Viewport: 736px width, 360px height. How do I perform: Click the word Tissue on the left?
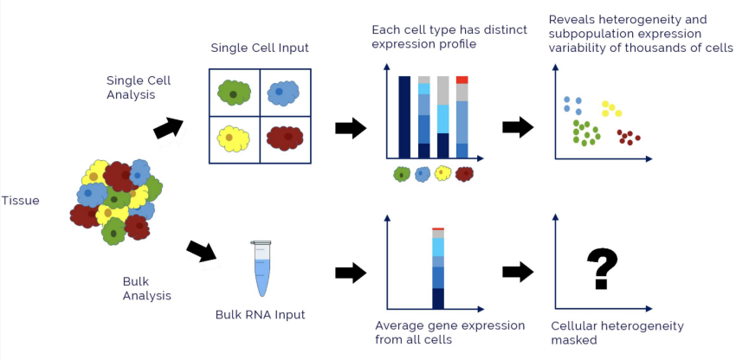[20, 201]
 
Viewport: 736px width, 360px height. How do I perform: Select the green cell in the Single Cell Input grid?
[233, 93]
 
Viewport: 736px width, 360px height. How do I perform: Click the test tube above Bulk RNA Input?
[261, 269]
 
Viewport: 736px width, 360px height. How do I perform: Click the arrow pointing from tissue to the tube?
[202, 252]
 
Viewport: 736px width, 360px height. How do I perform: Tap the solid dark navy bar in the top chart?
[404, 117]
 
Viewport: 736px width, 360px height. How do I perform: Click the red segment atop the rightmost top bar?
[462, 80]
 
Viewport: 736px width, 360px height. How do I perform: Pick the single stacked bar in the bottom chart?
[438, 269]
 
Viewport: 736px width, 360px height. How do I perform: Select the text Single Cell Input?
[260, 48]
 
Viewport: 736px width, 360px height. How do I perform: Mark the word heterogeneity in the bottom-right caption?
[642, 326]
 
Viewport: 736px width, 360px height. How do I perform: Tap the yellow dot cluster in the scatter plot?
[611, 108]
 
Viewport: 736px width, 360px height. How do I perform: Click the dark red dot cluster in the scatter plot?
[629, 137]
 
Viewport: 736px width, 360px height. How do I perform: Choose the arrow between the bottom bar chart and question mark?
[518, 272]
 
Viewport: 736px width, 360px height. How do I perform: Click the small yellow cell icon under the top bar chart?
[442, 174]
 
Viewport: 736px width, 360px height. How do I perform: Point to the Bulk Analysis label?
[147, 288]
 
